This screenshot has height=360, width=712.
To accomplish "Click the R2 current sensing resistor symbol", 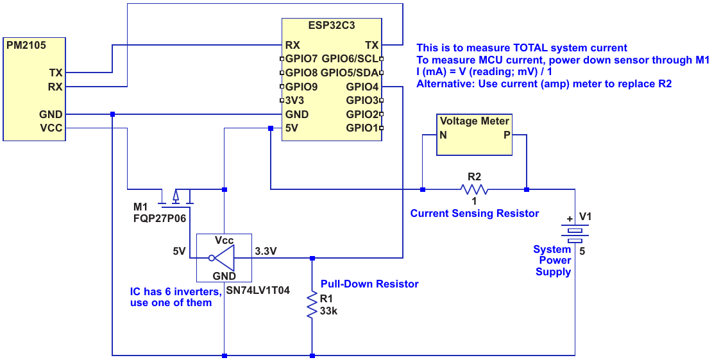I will click(474, 189).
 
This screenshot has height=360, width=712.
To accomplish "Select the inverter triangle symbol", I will click(222, 258).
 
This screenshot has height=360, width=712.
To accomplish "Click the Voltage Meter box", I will click(475, 135).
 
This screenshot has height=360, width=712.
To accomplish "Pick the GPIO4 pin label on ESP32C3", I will click(362, 87).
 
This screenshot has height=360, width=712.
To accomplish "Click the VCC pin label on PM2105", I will click(52, 128).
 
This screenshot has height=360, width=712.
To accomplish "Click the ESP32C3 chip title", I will click(332, 25).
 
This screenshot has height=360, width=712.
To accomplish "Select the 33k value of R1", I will click(328, 311).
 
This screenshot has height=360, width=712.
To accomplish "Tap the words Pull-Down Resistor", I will click(369, 284).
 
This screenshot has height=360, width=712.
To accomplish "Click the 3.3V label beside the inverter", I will click(266, 251).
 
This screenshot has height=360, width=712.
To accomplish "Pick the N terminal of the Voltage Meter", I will click(443, 135).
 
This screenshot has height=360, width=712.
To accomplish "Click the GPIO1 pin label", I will click(362, 128).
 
